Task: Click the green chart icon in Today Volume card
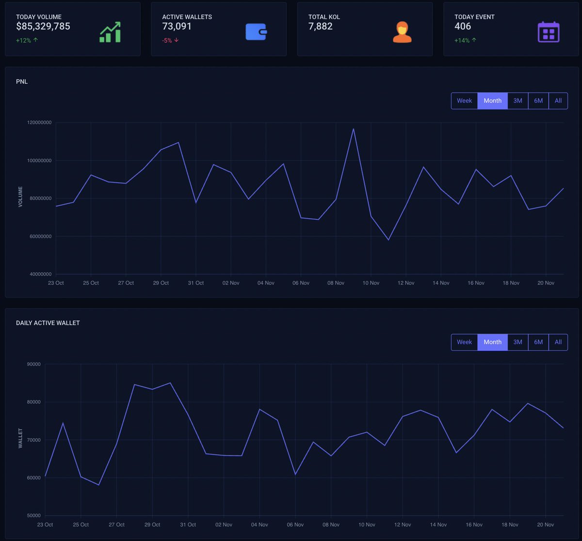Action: click(110, 32)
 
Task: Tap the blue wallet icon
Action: click(256, 32)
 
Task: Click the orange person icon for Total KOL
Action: click(402, 32)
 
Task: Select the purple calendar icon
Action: click(549, 32)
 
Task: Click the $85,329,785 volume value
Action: click(43, 27)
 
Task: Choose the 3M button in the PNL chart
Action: click(517, 101)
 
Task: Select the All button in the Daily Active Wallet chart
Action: click(558, 342)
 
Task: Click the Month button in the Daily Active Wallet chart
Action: click(492, 342)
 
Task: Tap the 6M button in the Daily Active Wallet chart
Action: click(538, 342)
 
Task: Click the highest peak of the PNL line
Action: click(354, 129)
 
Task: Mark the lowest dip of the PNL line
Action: click(388, 240)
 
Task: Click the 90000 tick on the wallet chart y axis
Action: click(34, 364)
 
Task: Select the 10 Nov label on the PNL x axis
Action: click(371, 283)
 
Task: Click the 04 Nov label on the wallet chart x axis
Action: click(259, 525)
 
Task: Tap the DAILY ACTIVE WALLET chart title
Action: click(48, 323)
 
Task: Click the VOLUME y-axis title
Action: click(20, 197)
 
